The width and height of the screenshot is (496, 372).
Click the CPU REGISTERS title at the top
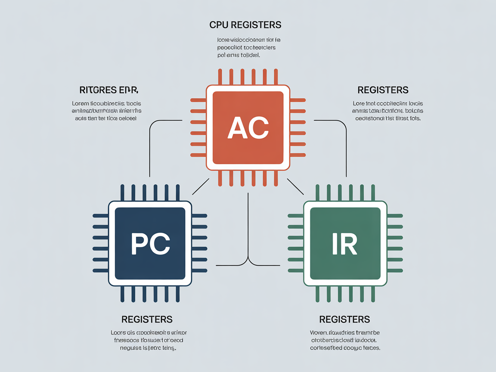click(245, 25)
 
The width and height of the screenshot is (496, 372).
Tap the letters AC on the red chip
click(248, 127)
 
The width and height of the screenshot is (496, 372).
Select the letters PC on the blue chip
click(150, 244)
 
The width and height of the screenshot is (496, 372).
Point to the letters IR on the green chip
click(344, 244)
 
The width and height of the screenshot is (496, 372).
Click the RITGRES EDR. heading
click(108, 90)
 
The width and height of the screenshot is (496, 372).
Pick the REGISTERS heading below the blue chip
click(147, 319)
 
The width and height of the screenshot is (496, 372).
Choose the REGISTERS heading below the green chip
click(344, 319)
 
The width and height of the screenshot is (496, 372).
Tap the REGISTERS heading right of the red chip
click(383, 90)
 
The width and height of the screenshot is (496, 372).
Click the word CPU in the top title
click(219, 25)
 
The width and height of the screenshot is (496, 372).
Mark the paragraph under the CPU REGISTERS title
click(246, 47)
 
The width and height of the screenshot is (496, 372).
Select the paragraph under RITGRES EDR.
click(107, 111)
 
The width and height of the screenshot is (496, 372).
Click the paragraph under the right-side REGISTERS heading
click(387, 111)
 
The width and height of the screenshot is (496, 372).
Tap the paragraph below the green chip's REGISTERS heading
click(345, 340)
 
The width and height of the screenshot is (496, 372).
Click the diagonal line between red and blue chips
click(200, 186)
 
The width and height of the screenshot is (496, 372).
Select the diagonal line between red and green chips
click(295, 186)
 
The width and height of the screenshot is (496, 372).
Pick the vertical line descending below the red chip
click(248, 224)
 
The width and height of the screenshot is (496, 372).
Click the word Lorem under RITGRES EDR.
click(81, 103)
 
